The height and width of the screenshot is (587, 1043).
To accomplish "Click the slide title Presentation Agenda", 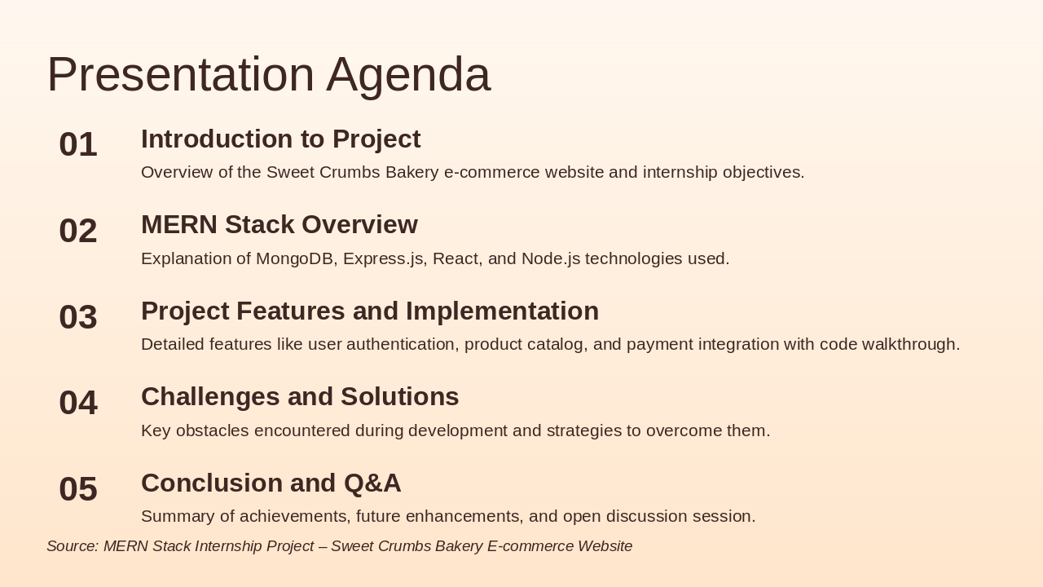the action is point(269,75).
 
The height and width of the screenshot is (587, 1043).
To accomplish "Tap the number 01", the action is point(78,144).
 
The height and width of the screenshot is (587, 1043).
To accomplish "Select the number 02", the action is point(78,231).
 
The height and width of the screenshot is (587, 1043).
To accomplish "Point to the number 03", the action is point(78,317).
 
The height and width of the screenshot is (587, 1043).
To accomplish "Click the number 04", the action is point(78,403).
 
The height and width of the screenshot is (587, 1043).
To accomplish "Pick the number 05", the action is point(78,488).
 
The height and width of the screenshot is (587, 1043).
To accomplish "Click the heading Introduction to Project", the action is point(281,139).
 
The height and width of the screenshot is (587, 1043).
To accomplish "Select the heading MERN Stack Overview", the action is point(279,224).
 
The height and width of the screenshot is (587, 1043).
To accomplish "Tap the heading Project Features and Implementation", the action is point(370,311).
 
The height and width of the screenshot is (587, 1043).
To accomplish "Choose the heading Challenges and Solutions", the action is point(300,396).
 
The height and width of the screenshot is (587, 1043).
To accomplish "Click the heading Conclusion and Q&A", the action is point(271,483).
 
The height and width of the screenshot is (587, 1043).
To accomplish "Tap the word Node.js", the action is point(551,258).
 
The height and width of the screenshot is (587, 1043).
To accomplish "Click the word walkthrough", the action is point(911,345).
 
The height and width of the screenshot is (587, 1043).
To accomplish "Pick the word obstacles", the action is point(213,430).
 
